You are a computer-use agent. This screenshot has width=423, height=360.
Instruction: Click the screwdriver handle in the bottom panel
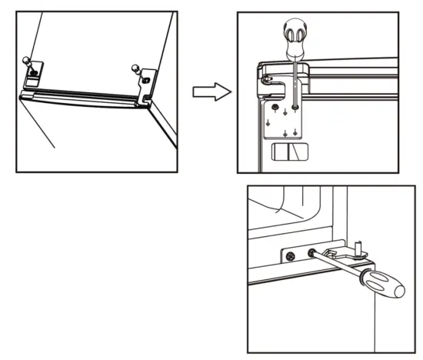click(x=382, y=286)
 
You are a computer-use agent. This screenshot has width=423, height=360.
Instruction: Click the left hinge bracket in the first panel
click(x=34, y=75)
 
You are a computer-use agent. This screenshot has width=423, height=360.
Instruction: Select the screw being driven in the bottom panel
click(x=312, y=254)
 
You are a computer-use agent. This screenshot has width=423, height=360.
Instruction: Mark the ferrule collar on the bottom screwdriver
click(x=364, y=277)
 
